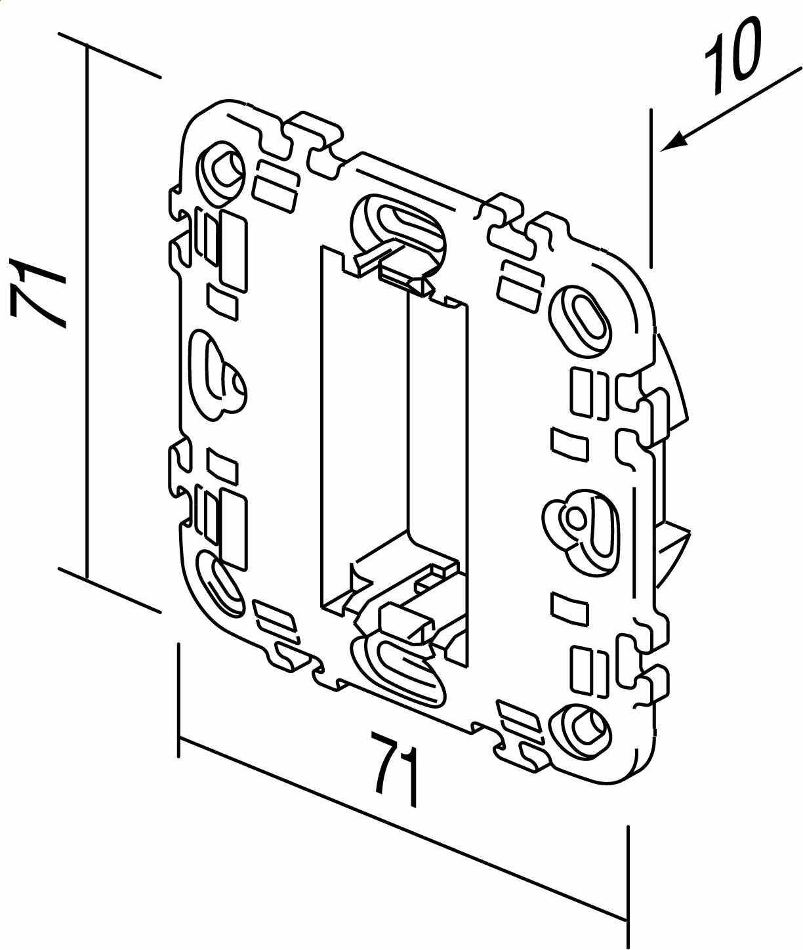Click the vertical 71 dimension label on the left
point(37,293)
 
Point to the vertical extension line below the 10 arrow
point(651,188)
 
